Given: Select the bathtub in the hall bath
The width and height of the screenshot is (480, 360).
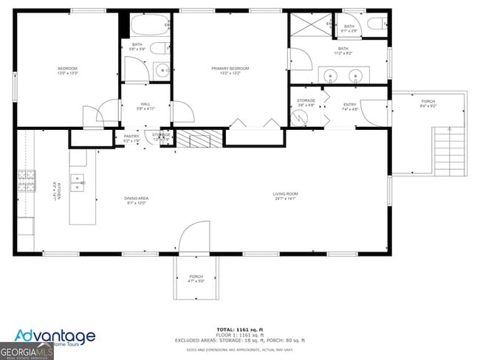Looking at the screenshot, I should pos(151,27).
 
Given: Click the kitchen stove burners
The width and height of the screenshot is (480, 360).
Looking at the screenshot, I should pos(27,179).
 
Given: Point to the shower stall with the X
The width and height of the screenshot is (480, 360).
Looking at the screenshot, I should pos(311,27).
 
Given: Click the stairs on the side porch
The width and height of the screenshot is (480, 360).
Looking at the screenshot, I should pos(448,150).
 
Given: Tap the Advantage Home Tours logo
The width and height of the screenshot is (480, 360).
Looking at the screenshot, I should pos(62,337).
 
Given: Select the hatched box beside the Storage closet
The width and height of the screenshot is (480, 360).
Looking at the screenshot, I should pos(199,137).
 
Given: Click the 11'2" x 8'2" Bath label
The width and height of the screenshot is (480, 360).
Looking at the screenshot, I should pos(343,51).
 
